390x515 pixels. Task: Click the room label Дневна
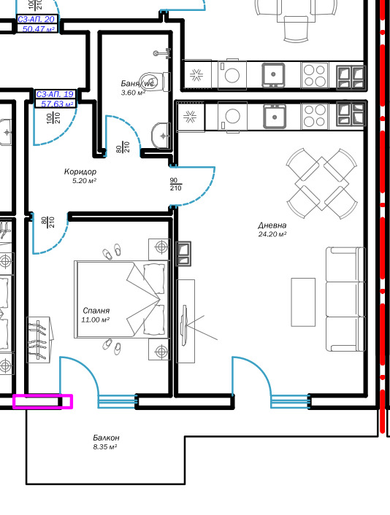tap(272, 225)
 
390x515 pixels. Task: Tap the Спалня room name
tap(96, 311)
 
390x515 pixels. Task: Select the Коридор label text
tap(80, 171)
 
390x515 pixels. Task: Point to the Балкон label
tap(105, 438)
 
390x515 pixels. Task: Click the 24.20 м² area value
tap(272, 235)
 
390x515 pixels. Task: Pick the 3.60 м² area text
tap(133, 93)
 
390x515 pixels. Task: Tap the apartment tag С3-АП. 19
tap(56, 94)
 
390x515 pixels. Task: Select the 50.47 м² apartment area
tap(39, 29)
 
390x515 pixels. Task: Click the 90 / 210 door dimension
tap(175, 184)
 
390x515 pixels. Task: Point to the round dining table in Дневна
tap(320, 179)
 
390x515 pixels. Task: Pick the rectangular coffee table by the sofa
tap(304, 303)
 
